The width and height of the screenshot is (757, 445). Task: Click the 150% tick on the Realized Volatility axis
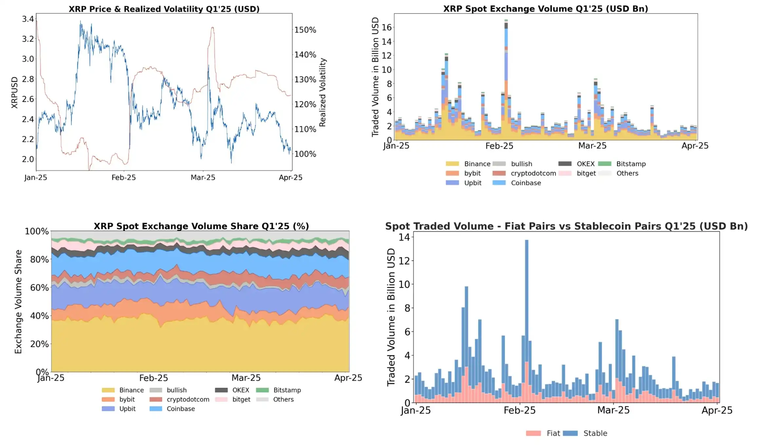point(305,30)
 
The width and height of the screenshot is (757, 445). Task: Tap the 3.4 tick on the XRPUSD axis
point(28,19)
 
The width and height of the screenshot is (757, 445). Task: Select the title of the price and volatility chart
point(164,9)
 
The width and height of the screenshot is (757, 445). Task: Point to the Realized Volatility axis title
point(323,92)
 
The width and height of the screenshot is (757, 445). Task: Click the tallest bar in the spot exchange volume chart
point(506,79)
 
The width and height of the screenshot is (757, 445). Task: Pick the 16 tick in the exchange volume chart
point(387,28)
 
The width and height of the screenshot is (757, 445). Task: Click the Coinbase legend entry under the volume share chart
point(180,409)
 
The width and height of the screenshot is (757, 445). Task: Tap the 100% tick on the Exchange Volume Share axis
point(37,232)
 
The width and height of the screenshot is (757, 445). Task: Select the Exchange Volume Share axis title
point(18,302)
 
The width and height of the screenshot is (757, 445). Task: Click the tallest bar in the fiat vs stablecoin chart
point(526,321)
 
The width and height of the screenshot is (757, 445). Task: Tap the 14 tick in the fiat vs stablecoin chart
point(404,237)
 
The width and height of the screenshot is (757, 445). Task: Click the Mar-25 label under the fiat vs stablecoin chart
point(613,410)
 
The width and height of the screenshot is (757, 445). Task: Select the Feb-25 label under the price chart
point(123,177)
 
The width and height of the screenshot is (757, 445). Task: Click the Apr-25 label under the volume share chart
point(348,378)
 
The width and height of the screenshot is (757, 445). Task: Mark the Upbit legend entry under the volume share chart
point(127,409)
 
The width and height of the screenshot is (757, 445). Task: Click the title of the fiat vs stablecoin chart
point(566,226)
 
